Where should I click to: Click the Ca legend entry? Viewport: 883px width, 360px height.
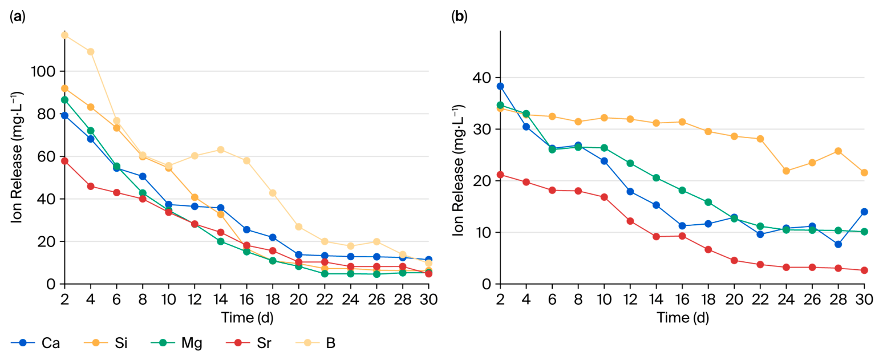tap(35, 343)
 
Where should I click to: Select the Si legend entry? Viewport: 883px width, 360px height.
tap(106, 343)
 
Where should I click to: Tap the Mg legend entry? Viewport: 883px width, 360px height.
tap(177, 343)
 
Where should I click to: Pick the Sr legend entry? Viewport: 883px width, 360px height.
tap(249, 343)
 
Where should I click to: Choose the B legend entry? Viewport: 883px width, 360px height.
tap(316, 343)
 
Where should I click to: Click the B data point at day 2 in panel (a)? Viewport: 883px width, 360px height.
tap(64, 35)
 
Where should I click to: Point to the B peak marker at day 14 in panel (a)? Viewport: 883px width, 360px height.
tap(221, 150)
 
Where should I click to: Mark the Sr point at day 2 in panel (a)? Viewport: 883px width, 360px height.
tap(64, 161)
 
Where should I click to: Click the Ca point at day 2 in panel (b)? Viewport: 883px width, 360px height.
tap(500, 86)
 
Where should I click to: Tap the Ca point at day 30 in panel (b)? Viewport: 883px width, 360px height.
tap(865, 212)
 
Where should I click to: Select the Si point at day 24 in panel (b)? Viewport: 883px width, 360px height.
tap(787, 171)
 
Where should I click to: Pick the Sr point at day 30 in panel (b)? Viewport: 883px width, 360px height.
tap(865, 270)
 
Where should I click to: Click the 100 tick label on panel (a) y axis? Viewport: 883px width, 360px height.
tap(43, 71)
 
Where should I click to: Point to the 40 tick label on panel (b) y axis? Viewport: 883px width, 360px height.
tap(481, 78)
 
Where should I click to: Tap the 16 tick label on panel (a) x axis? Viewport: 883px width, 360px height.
tap(246, 300)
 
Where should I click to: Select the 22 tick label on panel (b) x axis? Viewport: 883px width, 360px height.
tap(760, 300)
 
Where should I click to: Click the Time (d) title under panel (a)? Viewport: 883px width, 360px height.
tap(247, 317)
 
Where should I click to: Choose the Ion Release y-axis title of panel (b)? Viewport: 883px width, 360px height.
tap(458, 171)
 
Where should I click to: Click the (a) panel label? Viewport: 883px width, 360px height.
tap(18, 17)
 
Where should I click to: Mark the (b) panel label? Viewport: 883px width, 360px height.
tap(460, 17)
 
